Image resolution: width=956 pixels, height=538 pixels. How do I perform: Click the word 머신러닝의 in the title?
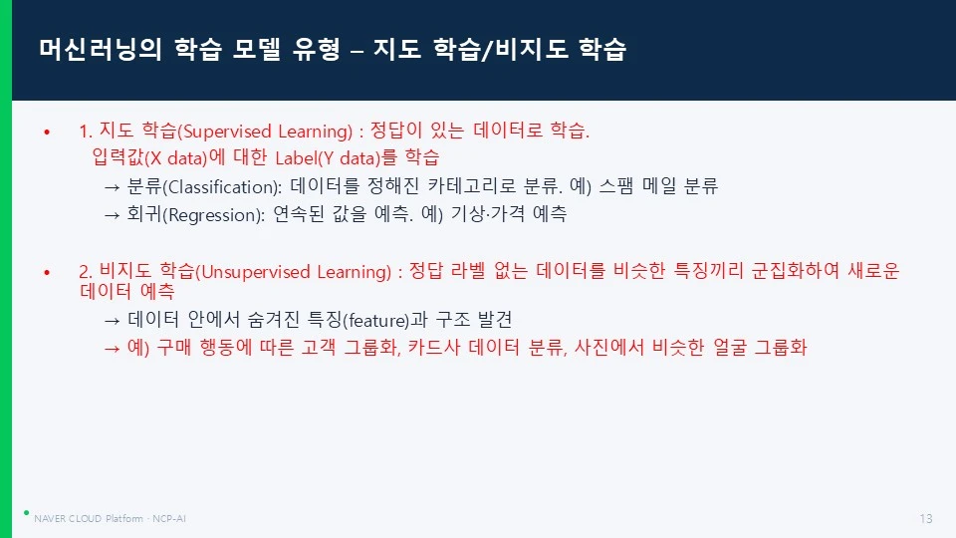pyautogui.click(x=100, y=49)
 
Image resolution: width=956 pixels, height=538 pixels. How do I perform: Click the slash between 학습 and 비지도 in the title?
pyautogui.click(x=487, y=50)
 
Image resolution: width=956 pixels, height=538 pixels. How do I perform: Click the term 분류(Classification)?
pyautogui.click(x=204, y=186)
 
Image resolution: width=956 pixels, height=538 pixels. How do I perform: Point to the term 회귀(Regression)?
pyautogui.click(x=196, y=215)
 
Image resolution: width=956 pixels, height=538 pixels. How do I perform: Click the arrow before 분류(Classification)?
pyautogui.click(x=112, y=187)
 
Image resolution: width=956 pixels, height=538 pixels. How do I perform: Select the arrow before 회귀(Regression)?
pyautogui.click(x=112, y=215)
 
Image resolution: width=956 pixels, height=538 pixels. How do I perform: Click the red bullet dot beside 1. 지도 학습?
pyautogui.click(x=47, y=132)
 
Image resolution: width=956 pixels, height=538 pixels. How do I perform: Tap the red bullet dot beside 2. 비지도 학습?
pyautogui.click(x=47, y=272)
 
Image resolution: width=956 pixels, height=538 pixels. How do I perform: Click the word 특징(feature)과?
pyautogui.click(x=367, y=320)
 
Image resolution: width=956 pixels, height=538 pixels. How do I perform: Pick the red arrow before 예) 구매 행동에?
pyautogui.click(x=112, y=349)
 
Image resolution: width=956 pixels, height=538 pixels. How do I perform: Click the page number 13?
pyautogui.click(x=925, y=518)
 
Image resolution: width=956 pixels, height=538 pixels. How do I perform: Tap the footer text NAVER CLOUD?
pyautogui.click(x=68, y=518)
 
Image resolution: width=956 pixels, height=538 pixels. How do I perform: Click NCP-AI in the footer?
pyautogui.click(x=169, y=518)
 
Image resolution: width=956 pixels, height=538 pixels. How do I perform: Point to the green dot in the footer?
pyautogui.click(x=26, y=512)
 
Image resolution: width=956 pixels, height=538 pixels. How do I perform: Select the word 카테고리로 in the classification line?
pyautogui.click(x=472, y=185)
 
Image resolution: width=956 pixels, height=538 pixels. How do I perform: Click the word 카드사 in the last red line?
pyautogui.click(x=433, y=347)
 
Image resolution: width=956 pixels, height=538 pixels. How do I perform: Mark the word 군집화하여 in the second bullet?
pyautogui.click(x=795, y=270)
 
